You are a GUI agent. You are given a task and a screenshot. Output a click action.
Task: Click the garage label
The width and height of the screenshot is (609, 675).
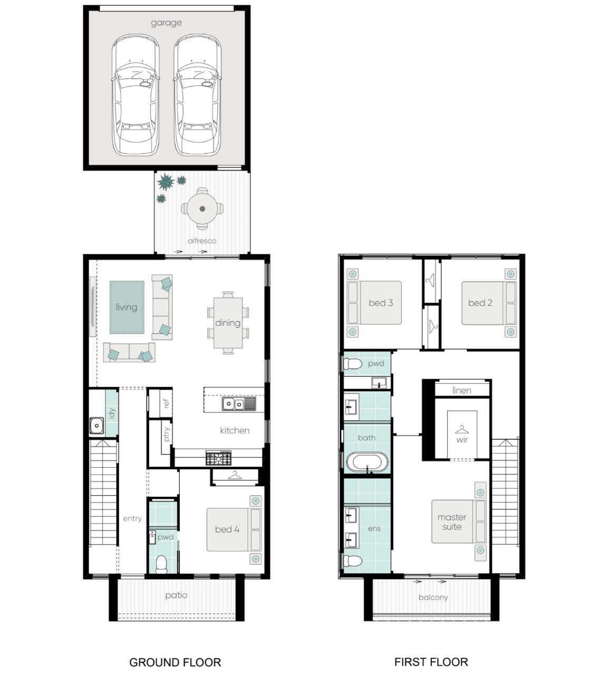click(166, 23)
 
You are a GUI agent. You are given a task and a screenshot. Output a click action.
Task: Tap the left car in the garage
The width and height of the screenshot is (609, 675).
click(136, 95)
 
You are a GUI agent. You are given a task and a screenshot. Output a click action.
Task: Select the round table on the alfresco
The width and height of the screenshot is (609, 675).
click(202, 208)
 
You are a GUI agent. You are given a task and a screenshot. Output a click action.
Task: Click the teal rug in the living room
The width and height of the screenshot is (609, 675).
click(127, 307)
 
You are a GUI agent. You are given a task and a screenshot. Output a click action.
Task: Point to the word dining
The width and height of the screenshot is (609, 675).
click(228, 323)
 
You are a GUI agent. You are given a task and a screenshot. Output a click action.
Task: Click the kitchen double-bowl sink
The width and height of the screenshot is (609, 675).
click(238, 403)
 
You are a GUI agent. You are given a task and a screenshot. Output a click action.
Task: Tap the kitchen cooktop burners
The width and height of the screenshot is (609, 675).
click(219, 458)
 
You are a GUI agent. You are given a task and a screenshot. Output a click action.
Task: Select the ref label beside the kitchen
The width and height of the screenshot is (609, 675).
click(166, 403)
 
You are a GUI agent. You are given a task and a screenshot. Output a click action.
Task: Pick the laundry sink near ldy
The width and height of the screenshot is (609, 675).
click(97, 426)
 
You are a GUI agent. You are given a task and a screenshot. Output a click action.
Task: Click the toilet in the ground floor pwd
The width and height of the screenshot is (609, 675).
click(161, 564)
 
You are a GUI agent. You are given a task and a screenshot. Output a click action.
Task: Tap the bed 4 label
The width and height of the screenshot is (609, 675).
click(227, 529)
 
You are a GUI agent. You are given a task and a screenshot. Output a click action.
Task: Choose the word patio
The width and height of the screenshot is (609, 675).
click(176, 595)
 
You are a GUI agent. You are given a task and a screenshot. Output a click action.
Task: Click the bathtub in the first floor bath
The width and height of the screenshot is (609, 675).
click(368, 462)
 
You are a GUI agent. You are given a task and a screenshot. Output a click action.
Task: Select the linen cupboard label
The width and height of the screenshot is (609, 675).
click(462, 390)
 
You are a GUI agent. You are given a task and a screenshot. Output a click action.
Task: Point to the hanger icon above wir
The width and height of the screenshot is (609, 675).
click(462, 430)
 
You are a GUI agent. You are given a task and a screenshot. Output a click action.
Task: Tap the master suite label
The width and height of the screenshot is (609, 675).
click(452, 522)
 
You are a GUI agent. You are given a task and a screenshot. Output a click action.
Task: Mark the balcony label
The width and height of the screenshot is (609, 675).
click(433, 597)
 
